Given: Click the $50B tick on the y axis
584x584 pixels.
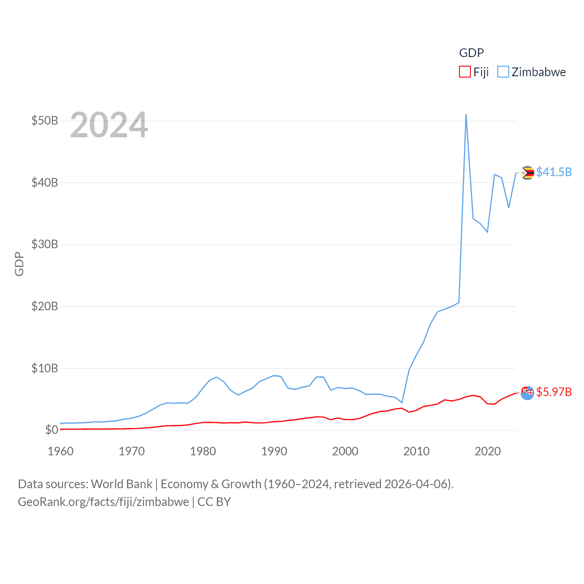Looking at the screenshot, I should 45,121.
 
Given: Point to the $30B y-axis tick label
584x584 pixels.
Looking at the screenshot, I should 45,245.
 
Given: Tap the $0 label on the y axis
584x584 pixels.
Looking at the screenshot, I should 52,430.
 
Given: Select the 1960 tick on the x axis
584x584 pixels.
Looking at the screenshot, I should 61,451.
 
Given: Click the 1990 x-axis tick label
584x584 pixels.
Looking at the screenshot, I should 274,451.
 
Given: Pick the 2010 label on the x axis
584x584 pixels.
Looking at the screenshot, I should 417,451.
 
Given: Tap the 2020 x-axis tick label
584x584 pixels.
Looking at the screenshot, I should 488,451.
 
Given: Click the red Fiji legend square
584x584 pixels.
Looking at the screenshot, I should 464,72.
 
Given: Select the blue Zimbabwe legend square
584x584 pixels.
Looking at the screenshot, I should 503,72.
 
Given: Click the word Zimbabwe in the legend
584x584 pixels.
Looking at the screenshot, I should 538,72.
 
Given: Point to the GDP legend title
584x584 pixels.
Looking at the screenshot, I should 471,53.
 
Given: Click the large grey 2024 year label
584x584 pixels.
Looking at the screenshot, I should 109,125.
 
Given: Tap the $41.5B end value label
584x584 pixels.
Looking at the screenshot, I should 554,172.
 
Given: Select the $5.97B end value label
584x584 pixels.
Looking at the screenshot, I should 554,392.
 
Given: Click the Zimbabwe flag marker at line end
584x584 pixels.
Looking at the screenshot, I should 527,173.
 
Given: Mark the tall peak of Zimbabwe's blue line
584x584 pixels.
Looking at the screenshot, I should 466,115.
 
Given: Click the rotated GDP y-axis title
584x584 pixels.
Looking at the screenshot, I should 19,264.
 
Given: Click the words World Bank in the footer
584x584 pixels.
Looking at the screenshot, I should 122,484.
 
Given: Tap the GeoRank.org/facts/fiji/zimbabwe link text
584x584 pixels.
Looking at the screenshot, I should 103,502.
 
